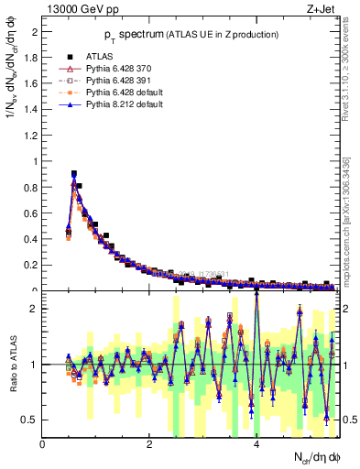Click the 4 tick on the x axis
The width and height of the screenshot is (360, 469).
[x=256, y=444]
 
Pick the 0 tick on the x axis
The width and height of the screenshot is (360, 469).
[x=43, y=444]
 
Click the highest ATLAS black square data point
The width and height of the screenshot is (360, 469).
[x=73, y=173]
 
